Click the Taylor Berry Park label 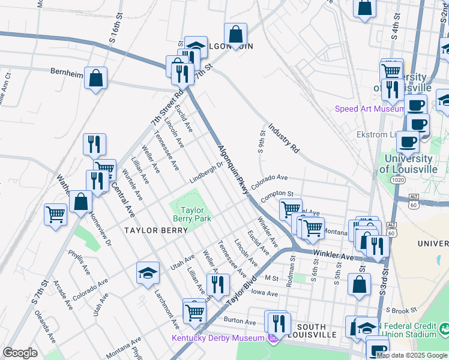coord(193,214)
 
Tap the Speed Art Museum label coord(369,109)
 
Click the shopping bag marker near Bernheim coord(95,78)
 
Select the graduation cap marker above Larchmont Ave coord(148,273)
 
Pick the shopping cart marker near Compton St coord(291,209)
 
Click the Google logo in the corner coord(20,352)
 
